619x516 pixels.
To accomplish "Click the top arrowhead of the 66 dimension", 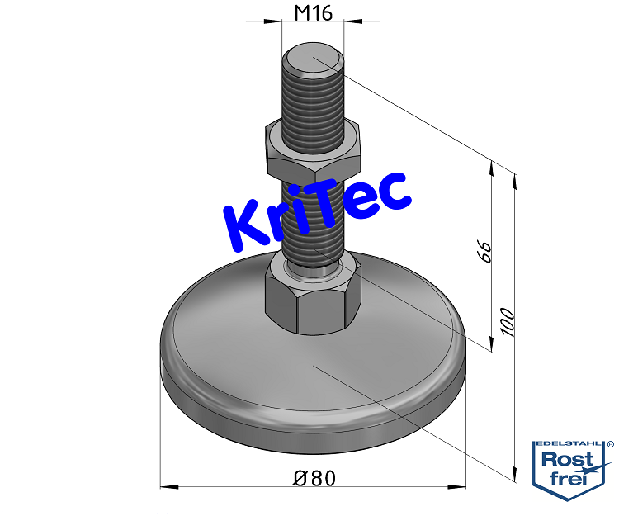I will pyautogui.click(x=493, y=164).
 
